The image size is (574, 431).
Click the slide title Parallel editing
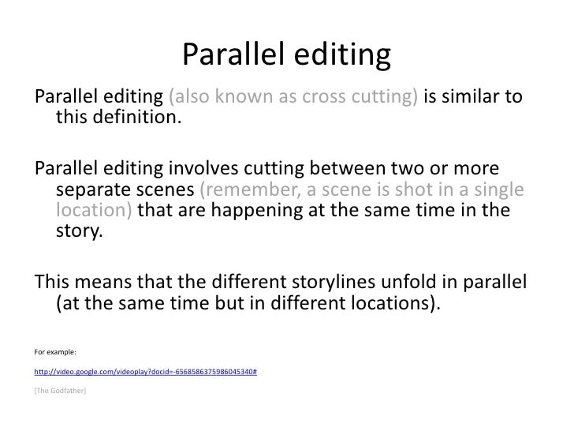pyautogui.click(x=287, y=54)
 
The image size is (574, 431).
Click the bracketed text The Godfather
pyautogui.click(x=61, y=388)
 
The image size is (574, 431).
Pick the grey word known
pyautogui.click(x=240, y=98)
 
